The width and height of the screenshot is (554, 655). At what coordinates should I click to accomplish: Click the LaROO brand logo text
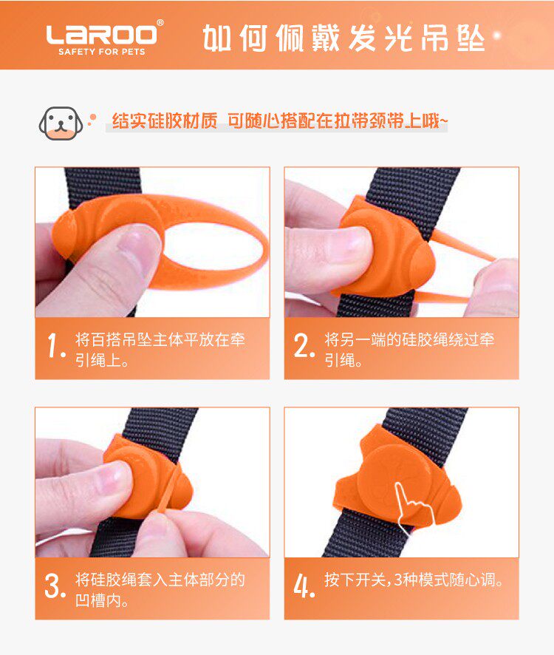101,35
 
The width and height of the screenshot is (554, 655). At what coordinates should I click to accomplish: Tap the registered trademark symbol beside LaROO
160,23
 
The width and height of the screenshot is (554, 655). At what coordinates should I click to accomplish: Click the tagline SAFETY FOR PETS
101,52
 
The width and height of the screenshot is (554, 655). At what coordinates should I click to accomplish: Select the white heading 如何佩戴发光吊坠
343,38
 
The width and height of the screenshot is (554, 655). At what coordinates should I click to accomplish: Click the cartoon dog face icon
61,123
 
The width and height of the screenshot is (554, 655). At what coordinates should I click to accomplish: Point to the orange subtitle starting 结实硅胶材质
280,121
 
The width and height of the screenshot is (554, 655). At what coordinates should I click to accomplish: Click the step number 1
56,345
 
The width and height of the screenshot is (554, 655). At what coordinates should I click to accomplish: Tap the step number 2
304,345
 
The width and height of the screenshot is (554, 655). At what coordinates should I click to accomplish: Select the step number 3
55,586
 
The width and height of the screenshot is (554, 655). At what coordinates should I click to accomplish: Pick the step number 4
304,586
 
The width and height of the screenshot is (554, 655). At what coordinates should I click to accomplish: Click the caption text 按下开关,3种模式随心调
414,580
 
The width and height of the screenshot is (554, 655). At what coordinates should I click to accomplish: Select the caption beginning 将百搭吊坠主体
160,350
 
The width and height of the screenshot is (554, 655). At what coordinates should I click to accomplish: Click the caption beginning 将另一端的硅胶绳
409,350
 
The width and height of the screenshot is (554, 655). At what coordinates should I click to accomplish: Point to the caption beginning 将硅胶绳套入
160,590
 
